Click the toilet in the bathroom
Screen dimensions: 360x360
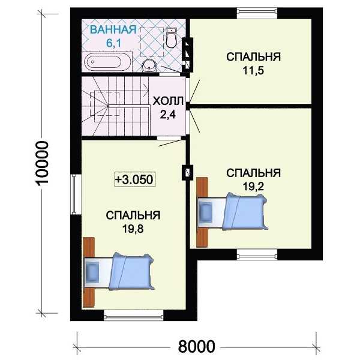[170, 38]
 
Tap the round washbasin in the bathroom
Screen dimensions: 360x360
[149, 65]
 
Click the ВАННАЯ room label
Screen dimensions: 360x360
[113, 30]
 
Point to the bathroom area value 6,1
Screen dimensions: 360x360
[113, 43]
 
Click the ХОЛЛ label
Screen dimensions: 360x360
[168, 101]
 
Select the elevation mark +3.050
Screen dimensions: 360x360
[135, 179]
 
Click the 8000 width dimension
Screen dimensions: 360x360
[197, 346]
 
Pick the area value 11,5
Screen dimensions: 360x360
[253, 70]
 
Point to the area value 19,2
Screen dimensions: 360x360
[253, 187]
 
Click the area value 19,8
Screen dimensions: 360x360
[133, 229]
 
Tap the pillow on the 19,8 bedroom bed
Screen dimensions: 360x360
[92, 272]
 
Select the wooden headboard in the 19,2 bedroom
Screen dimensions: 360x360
[202, 212]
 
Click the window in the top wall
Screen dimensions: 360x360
[257, 13]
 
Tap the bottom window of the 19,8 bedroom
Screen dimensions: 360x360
[133, 315]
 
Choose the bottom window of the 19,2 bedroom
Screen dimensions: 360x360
[257, 254]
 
